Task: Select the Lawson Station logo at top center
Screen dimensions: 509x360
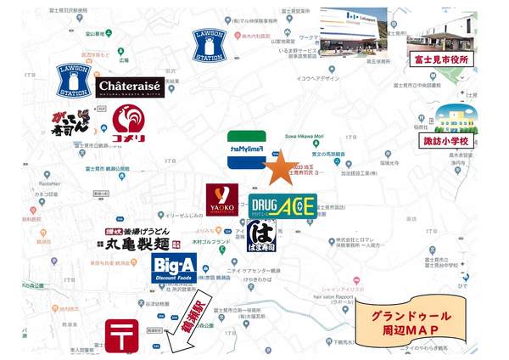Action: pos(210,46)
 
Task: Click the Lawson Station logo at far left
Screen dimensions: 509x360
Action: pos(74,81)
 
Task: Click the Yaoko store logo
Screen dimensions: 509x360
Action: pos(221,200)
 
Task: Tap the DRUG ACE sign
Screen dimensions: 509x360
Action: pos(282,205)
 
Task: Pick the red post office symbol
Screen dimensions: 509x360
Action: pos(118,335)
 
